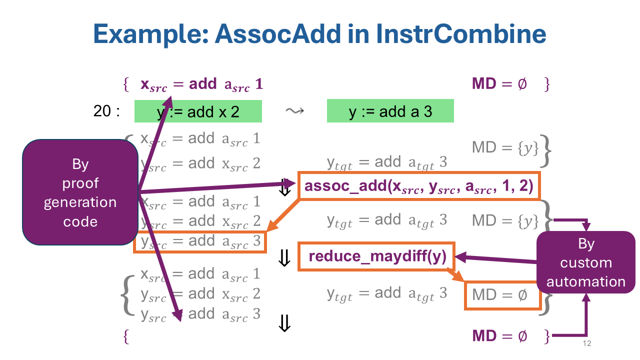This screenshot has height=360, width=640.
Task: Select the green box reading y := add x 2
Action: (198, 111)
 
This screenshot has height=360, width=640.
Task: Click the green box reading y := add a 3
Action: (390, 111)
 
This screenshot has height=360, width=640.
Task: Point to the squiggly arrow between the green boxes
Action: (293, 111)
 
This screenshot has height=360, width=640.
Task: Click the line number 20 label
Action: (106, 111)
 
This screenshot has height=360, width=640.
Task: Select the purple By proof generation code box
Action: (80, 192)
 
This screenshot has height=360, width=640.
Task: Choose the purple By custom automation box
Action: (585, 262)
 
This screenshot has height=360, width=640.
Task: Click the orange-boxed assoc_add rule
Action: (419, 186)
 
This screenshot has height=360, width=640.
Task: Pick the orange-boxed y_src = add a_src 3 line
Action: (200, 241)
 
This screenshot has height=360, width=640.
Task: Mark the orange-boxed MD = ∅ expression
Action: (502, 295)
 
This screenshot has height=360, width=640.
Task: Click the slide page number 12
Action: (587, 344)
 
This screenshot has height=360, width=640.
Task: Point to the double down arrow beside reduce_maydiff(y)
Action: (284, 258)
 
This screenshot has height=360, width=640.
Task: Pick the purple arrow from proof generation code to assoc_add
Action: (215, 188)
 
